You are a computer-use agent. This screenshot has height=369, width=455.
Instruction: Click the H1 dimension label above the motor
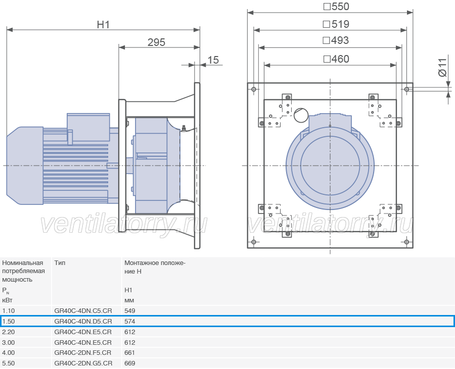103,25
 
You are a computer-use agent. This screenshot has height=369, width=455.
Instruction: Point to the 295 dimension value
156,42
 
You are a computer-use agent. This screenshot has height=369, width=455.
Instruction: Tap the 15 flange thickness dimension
213,60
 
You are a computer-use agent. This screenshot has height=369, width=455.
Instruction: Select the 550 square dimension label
336,7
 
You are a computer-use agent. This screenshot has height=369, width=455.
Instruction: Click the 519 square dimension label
336,24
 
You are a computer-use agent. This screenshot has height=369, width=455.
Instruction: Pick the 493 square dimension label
336,40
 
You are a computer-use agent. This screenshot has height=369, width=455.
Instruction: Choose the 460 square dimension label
336,59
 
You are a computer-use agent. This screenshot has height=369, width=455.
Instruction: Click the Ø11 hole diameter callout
442,68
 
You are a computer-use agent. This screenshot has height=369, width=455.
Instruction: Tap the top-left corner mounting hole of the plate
254,89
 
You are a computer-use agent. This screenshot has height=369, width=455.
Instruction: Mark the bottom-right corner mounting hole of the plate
406,242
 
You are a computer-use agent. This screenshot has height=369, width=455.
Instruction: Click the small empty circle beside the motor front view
301,115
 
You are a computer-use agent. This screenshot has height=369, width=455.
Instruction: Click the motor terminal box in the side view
88,127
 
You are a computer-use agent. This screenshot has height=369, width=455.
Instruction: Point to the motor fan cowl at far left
25,166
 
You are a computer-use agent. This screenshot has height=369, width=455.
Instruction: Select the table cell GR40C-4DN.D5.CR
83,321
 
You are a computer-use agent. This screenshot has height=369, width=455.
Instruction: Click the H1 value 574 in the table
130,321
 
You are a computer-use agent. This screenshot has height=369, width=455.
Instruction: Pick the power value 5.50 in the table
9,363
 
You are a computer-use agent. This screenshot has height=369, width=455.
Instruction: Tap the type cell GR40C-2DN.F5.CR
83,353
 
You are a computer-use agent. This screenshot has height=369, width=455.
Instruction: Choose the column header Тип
60,262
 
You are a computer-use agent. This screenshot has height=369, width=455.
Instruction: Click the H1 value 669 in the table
130,363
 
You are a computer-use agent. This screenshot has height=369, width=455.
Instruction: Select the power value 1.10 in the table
9,311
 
